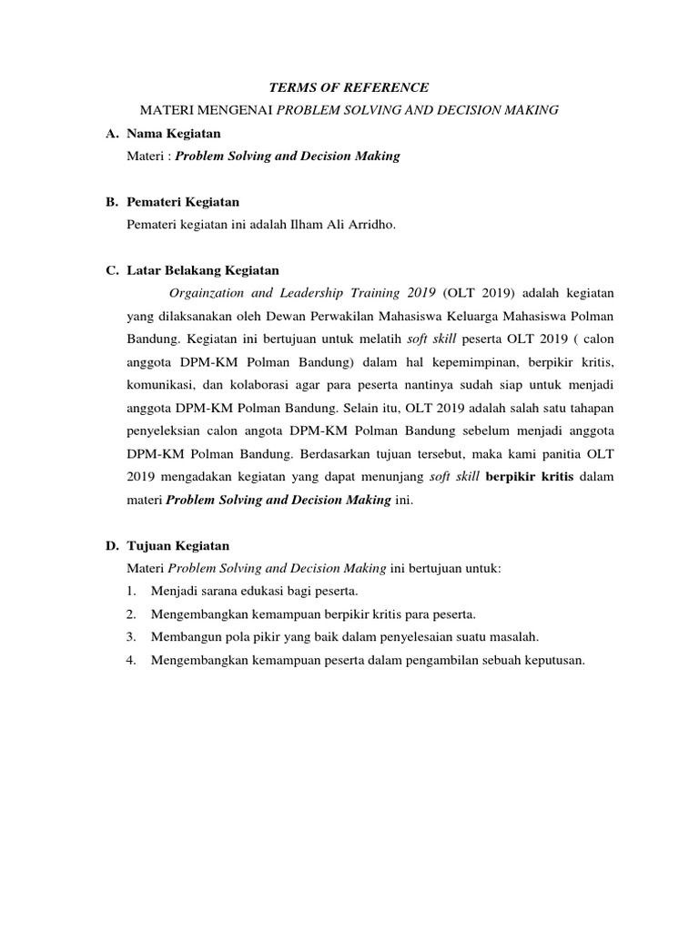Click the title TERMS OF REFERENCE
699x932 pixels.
(x=349, y=87)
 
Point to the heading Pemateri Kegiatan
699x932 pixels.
(x=183, y=202)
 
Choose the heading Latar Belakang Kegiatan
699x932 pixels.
(x=203, y=270)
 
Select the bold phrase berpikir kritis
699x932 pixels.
(x=532, y=476)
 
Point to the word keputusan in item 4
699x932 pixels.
(x=549, y=660)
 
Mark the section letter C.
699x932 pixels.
(x=111, y=270)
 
